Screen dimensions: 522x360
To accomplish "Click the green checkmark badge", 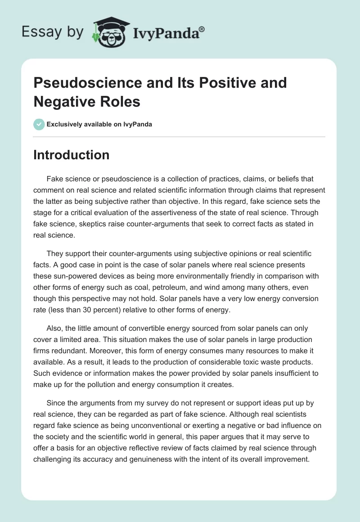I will click(x=39, y=124).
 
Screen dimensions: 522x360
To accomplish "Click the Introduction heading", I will click(x=72, y=155).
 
